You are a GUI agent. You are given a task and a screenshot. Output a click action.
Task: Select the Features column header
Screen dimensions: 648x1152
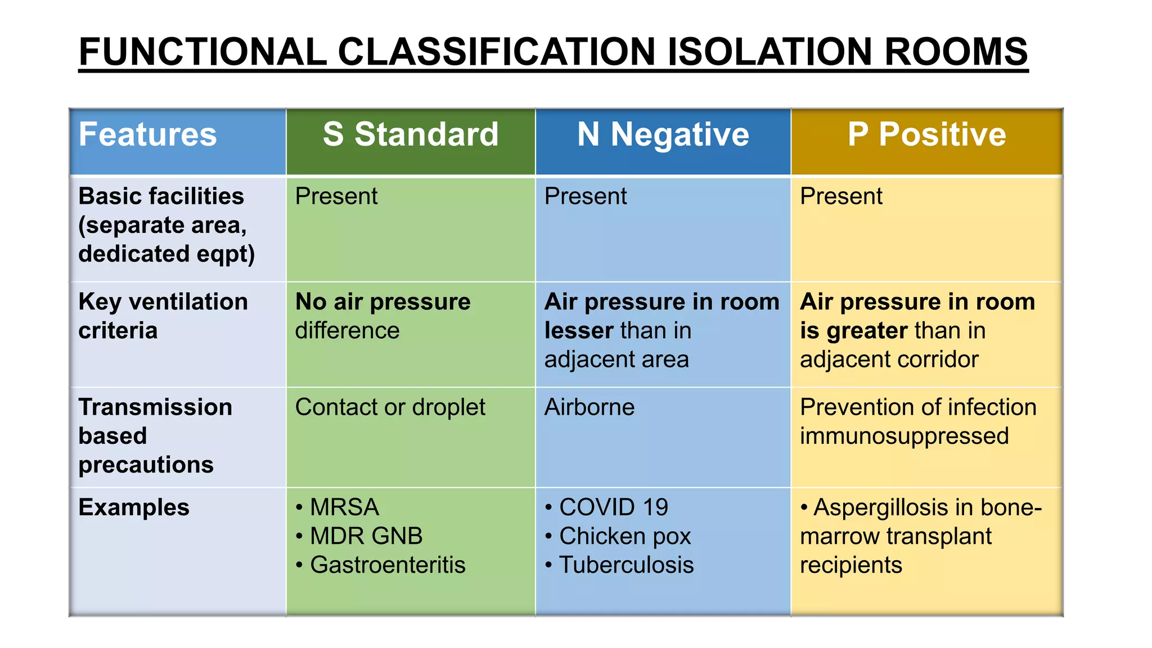coord(147,135)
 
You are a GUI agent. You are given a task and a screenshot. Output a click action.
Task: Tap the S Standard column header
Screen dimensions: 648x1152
coord(411,135)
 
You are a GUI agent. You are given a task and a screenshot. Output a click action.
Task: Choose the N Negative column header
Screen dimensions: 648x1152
coord(663,135)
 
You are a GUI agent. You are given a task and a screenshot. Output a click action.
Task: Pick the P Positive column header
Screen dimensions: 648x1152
coord(926,135)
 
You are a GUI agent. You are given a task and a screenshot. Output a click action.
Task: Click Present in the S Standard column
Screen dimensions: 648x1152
coord(336,196)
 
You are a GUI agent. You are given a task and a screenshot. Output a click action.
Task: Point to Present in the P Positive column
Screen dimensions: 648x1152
coord(841,196)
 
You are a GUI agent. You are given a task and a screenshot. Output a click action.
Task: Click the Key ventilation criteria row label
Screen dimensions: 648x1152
coord(163,316)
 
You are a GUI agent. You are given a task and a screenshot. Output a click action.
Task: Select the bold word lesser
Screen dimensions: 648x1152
coord(578,331)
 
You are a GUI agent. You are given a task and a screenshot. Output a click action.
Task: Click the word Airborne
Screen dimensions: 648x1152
coord(589,407)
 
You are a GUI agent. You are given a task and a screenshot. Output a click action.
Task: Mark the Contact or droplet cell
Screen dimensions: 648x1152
coord(390,407)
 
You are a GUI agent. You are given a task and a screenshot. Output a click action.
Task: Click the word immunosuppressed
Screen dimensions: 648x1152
coord(904,436)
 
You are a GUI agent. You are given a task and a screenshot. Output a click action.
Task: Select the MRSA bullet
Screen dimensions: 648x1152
coord(344,507)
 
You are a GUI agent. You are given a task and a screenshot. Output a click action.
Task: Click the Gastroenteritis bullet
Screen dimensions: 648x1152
coord(387,565)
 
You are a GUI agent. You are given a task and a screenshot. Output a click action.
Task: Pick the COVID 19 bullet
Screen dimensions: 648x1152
coord(613,507)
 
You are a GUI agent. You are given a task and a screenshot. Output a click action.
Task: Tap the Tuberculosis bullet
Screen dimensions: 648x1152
coord(625,565)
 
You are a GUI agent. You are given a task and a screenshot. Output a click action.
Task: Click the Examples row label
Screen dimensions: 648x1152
coord(134,507)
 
